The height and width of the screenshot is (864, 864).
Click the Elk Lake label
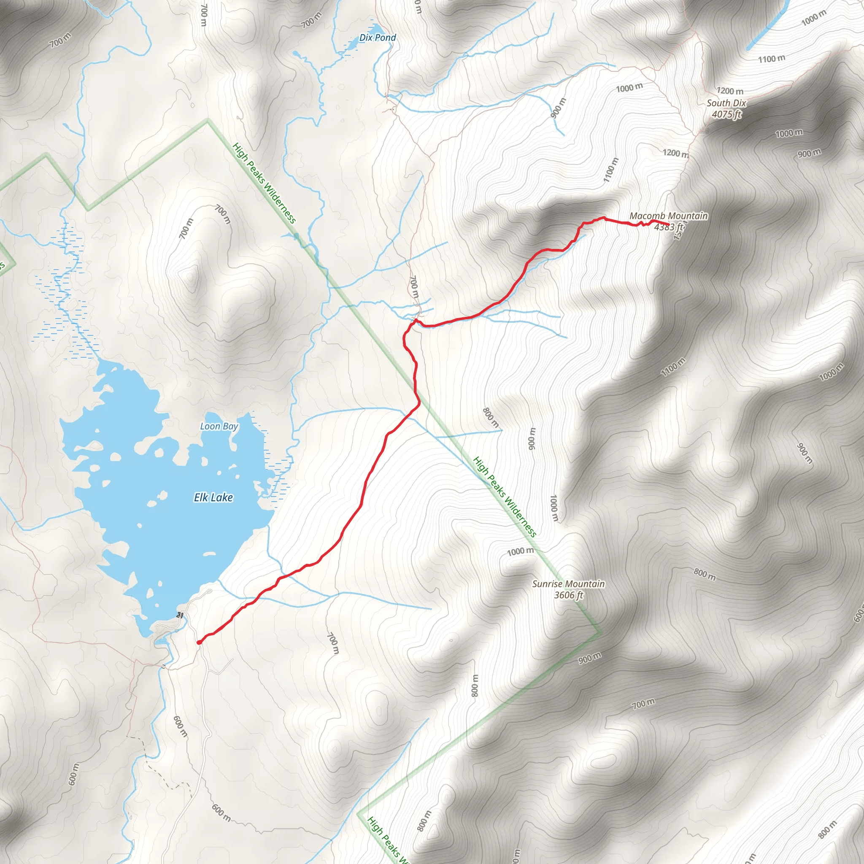pos(213,497)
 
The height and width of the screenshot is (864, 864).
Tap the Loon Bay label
pos(219,426)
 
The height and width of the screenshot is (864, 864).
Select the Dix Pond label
pos(378,38)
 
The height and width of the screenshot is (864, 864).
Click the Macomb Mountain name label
pos(669,216)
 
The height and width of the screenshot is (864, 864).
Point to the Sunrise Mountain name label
pos(568,583)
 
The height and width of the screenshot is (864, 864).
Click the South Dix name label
pos(726,103)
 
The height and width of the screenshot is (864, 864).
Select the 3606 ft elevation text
pos(568,595)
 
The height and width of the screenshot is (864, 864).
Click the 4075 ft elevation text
pos(726,114)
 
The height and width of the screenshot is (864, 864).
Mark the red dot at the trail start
pos(199,643)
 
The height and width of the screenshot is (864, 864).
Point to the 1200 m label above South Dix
pos(730,91)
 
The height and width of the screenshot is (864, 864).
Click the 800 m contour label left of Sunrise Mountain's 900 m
pos(491,417)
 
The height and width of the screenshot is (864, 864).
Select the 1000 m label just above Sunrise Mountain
pos(520,551)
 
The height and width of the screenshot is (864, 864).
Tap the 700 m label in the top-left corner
pos(60,40)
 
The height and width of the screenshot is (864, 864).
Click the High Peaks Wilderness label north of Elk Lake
pos(264,183)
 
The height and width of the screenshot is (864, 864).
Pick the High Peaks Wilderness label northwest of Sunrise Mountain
pos(505,497)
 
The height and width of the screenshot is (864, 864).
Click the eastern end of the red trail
pos(668,224)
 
